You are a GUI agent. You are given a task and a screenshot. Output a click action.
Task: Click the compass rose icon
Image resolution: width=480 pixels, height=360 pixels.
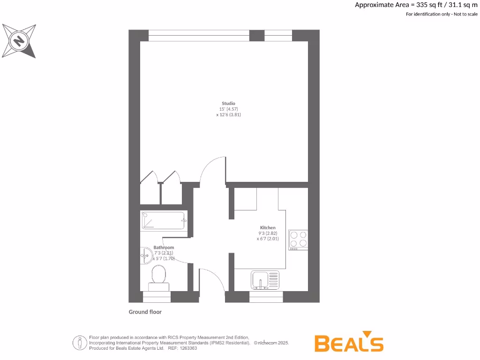(19, 41)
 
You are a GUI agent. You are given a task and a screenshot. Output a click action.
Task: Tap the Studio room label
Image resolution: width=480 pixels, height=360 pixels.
(229, 103)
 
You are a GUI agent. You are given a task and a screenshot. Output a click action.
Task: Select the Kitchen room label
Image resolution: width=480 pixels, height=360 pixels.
(268, 227)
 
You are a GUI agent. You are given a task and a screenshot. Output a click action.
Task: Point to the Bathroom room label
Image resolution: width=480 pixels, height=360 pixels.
(164, 247)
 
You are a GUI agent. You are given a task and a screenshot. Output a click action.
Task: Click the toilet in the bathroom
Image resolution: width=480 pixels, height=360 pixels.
(159, 275)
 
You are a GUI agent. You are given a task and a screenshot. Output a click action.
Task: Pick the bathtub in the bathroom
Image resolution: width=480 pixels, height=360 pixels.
(164, 220)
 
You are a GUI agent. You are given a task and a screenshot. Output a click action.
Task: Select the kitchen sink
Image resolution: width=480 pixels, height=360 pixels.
(265, 280)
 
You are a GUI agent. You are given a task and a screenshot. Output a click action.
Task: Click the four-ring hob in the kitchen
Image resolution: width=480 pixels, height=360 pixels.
(298, 239)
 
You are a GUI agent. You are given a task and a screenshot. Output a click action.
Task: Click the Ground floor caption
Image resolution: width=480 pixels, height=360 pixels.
(145, 312)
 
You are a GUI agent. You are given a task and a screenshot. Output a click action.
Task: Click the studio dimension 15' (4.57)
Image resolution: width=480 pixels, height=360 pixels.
(229, 109)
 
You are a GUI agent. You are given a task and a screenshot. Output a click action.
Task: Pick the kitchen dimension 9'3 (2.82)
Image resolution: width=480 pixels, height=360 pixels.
(268, 233)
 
